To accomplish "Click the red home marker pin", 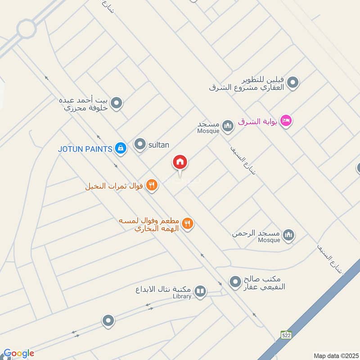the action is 180,162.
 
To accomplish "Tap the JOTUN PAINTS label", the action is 85,148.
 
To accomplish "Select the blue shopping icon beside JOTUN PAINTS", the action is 120,148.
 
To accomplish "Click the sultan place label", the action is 158,144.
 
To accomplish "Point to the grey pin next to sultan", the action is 140,144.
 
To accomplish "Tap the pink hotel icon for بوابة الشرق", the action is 285,121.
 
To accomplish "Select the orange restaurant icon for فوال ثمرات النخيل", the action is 152,185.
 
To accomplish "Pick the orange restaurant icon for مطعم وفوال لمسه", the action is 188,224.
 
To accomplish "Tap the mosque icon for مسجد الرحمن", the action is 289,234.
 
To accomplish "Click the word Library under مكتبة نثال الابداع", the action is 181,296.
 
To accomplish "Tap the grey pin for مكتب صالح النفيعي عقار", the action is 235,282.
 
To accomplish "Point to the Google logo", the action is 18,353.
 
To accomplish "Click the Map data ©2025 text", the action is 335,355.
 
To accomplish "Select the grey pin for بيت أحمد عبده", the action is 117,104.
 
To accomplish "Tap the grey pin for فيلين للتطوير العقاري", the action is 293,83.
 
